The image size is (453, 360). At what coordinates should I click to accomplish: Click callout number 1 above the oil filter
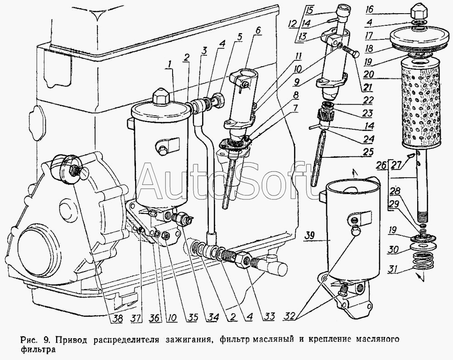point(169,65)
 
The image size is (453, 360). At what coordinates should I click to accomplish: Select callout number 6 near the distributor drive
point(257,31)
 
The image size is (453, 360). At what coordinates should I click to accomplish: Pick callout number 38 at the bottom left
point(118,318)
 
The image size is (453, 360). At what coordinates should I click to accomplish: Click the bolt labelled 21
point(350,52)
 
